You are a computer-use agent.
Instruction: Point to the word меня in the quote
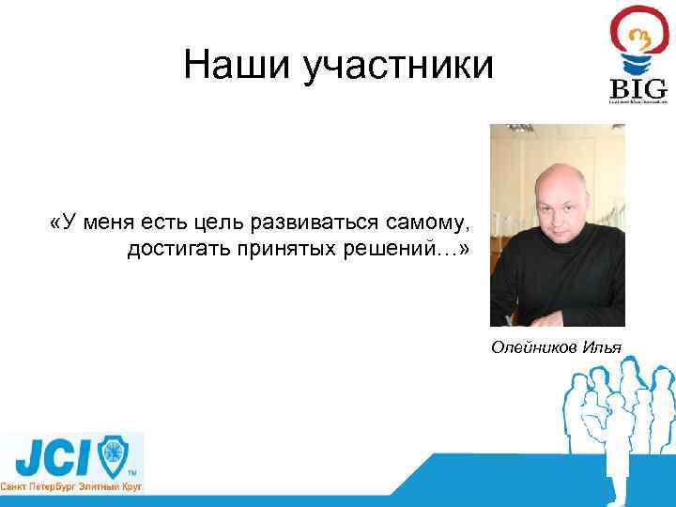[102, 223]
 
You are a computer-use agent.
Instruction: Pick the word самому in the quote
[425, 223]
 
